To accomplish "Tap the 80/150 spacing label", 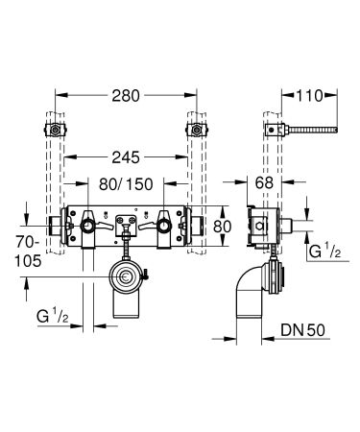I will click(x=128, y=184).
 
